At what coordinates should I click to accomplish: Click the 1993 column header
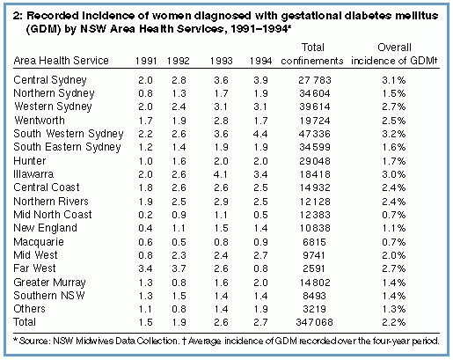tap(221, 61)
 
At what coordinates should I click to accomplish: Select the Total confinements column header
tap(312, 54)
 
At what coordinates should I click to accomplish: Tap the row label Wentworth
tap(40, 121)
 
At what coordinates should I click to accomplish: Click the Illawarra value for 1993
tap(221, 174)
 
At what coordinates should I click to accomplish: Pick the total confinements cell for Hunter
tap(315, 161)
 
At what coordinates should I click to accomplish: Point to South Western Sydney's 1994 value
tap(260, 134)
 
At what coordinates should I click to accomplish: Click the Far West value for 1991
tap(145, 268)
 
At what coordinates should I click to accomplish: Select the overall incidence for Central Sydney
tap(394, 80)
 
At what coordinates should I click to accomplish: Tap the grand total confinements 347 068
tap(315, 322)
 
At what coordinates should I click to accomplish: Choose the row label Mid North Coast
tap(53, 215)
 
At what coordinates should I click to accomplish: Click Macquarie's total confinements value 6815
tap(314, 242)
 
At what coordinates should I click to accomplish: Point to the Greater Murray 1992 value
tap(179, 283)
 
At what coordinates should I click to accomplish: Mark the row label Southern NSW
tap(49, 296)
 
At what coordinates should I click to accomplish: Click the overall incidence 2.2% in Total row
tap(394, 322)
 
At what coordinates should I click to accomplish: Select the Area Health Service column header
tap(62, 61)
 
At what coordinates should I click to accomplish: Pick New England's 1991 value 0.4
tap(145, 228)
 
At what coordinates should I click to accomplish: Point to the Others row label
tap(29, 309)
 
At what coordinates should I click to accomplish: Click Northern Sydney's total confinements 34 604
tap(315, 93)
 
